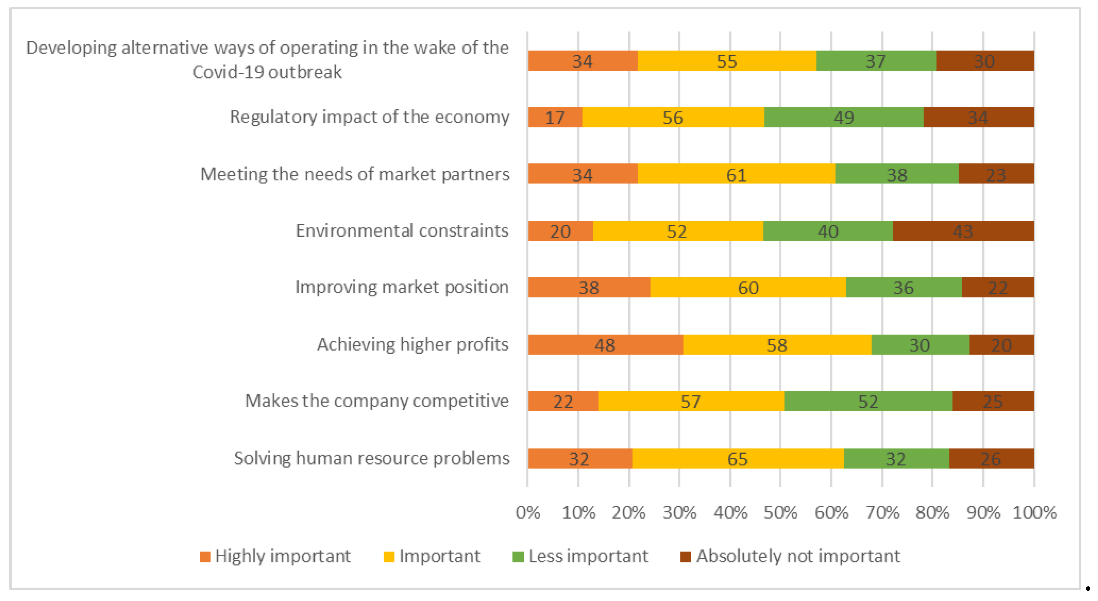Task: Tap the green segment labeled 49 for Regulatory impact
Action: click(x=844, y=117)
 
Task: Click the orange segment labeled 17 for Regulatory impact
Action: click(x=555, y=117)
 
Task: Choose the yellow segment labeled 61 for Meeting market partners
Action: click(x=737, y=174)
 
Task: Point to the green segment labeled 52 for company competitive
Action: click(x=868, y=401)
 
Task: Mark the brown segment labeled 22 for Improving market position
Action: click(x=998, y=287)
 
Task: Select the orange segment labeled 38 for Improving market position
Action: click(x=589, y=287)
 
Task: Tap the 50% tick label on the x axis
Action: click(x=781, y=512)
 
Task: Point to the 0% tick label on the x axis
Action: click(x=528, y=512)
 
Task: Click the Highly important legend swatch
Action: click(x=205, y=557)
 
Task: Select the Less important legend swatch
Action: click(x=518, y=557)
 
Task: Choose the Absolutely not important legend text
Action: click(x=798, y=556)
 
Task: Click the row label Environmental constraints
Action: click(x=402, y=231)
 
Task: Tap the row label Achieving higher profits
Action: click(x=413, y=344)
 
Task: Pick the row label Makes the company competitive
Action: click(x=377, y=401)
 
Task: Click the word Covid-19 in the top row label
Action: click(x=228, y=72)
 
